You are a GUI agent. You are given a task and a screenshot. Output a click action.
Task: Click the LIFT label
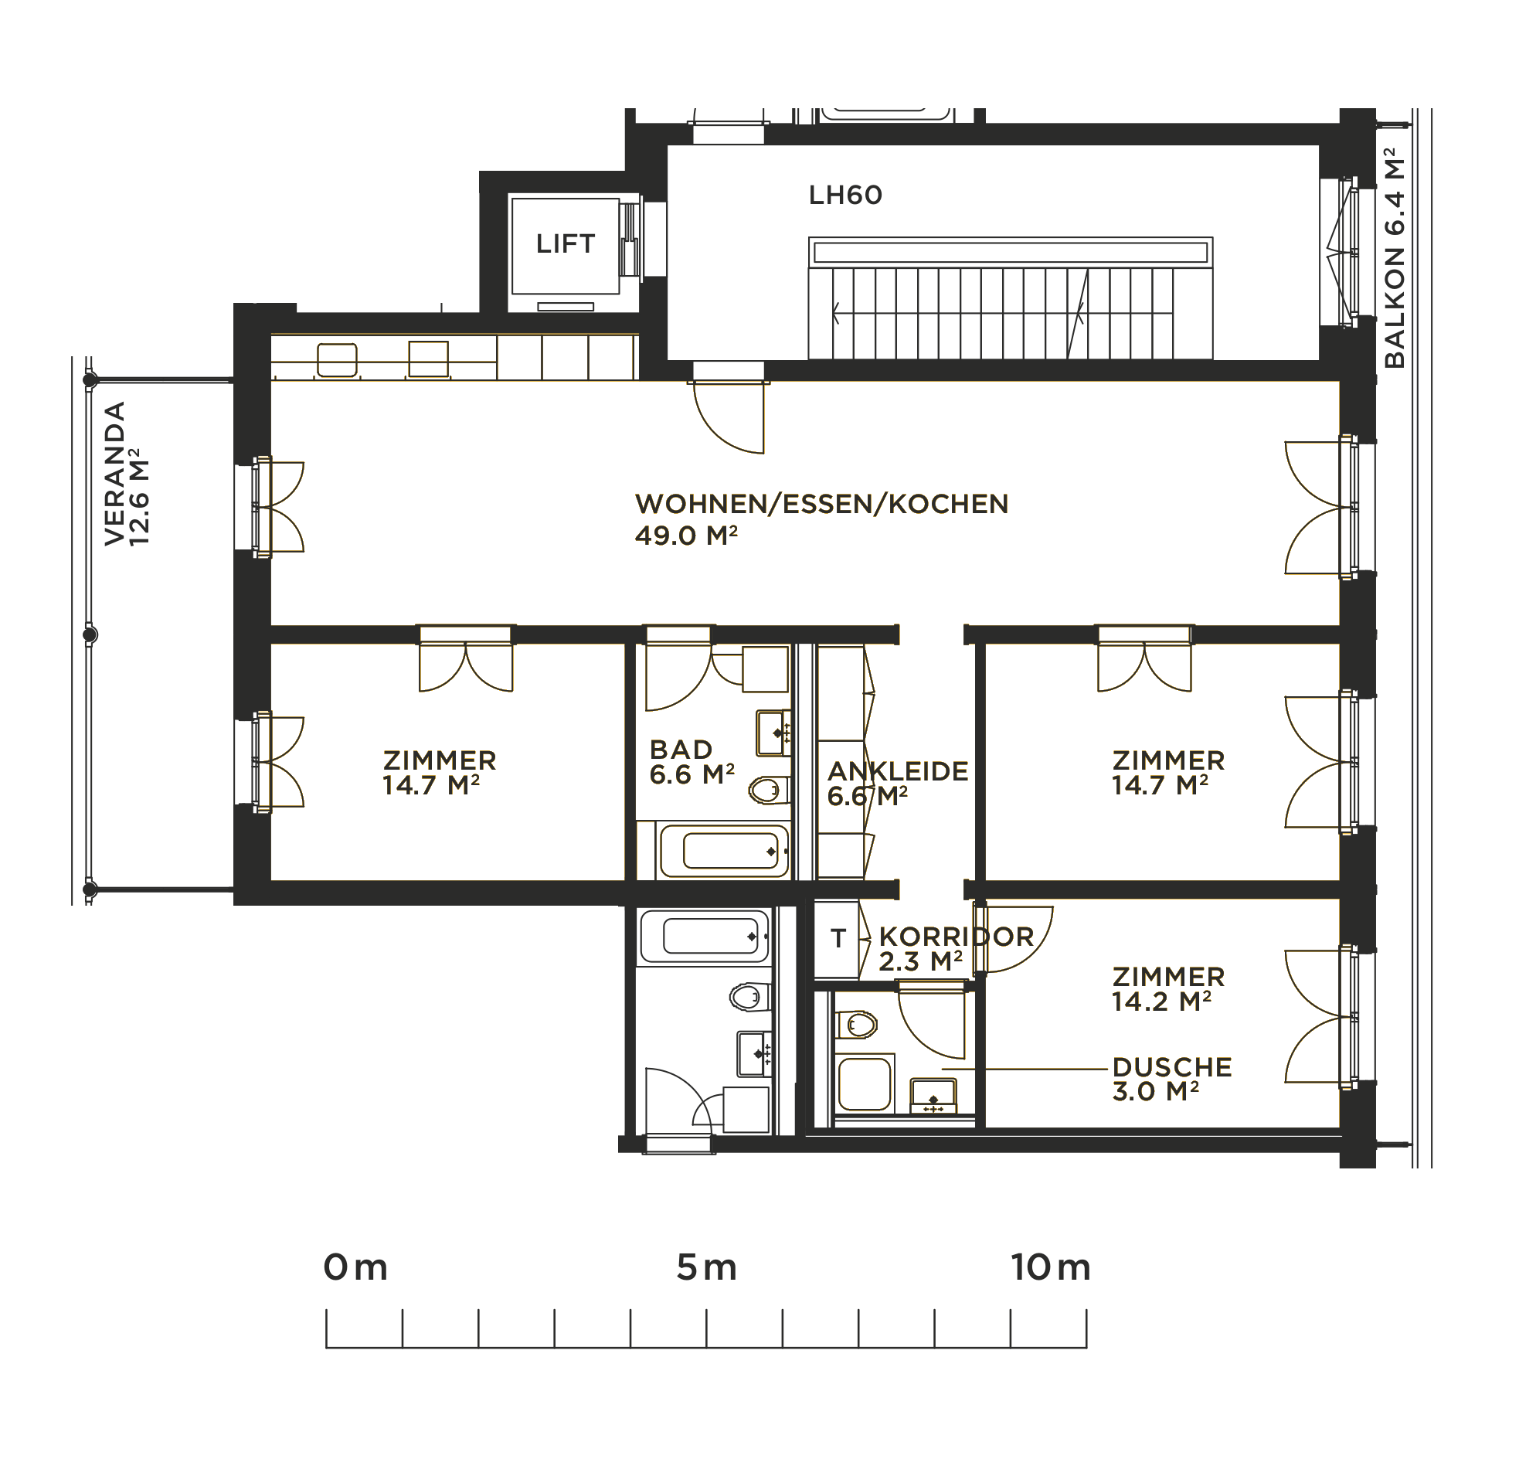pos(566,244)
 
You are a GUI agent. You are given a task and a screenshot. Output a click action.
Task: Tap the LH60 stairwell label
pos(845,196)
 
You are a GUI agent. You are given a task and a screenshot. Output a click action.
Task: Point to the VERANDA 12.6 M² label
pos(127,474)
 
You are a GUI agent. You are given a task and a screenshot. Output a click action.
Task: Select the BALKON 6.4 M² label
pos(1395,258)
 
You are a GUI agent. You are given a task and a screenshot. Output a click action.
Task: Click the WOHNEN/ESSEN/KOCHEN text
pos(822,504)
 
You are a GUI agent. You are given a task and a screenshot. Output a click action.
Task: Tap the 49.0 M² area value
pos(686,535)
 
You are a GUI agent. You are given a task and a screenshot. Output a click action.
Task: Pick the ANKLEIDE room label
pos(898,770)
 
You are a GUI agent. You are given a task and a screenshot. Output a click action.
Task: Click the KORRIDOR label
pos(957,937)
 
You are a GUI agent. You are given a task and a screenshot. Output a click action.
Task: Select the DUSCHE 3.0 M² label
pos(1172,1080)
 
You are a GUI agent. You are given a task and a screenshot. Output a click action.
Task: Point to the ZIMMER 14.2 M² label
pos(1168,989)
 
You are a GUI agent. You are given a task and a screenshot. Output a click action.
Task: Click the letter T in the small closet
pos(838,939)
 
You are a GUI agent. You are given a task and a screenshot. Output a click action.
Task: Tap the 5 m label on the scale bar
pos(706,1267)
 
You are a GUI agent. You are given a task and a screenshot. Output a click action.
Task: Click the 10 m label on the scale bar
pos(1051,1267)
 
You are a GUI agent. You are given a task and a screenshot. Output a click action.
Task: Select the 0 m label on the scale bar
pos(355,1267)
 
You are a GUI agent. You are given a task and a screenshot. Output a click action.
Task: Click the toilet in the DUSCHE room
pos(856,1025)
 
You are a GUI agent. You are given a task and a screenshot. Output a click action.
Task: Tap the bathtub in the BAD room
pos(723,851)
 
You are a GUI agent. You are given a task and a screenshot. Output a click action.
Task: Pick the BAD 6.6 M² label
pos(692,762)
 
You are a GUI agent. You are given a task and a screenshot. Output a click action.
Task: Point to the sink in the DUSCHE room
pos(933,1096)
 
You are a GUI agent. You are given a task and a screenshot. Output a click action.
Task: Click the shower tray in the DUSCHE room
pos(864,1083)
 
